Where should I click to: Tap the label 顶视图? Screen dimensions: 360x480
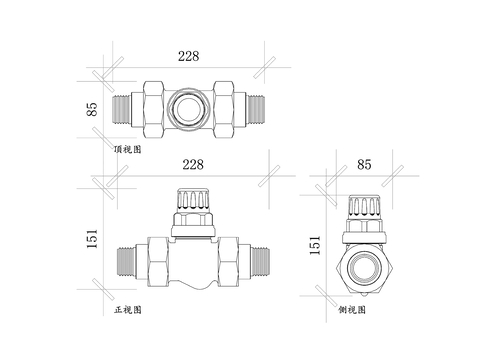129,148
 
